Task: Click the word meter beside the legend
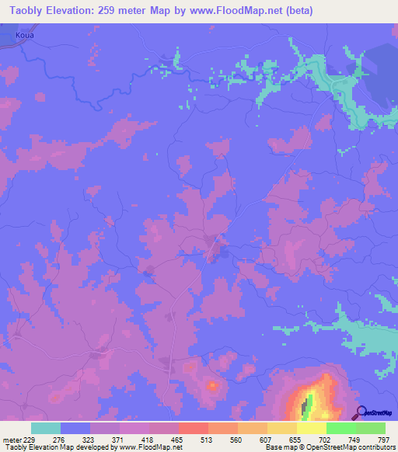coord(11,440)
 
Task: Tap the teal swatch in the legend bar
coord(46,428)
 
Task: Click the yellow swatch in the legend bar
coord(311,428)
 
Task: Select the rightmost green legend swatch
coord(370,428)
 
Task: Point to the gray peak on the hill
coord(305,402)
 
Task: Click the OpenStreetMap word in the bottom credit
coord(314,447)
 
